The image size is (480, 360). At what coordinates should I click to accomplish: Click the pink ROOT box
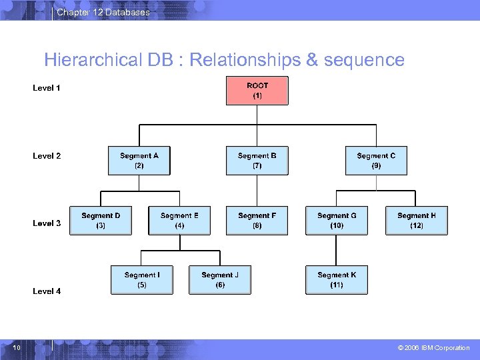click(x=257, y=91)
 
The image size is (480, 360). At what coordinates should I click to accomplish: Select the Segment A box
click(x=139, y=161)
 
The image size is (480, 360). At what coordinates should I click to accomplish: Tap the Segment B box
click(x=257, y=161)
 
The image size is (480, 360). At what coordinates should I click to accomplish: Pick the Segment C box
click(x=376, y=161)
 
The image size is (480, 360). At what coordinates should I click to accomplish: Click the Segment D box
click(x=101, y=221)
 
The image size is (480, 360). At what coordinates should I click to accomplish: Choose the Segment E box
click(x=179, y=221)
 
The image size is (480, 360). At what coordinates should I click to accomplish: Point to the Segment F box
click(x=257, y=221)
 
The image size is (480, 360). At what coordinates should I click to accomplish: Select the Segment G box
click(x=337, y=221)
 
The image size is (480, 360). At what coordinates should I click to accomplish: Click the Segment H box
click(x=417, y=221)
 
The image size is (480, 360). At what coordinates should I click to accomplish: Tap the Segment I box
click(x=142, y=280)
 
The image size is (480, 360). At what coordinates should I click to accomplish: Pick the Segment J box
click(x=220, y=280)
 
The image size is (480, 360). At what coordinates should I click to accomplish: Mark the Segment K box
click(x=337, y=280)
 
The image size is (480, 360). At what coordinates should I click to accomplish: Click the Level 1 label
click(x=47, y=88)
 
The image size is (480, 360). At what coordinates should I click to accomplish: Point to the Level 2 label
click(x=47, y=156)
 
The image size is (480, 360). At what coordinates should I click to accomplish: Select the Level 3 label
click(x=47, y=223)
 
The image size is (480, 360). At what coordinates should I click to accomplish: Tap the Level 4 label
click(x=47, y=291)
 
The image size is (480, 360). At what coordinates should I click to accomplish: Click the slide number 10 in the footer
click(x=17, y=347)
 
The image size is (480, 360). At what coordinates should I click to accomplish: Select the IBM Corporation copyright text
click(x=433, y=348)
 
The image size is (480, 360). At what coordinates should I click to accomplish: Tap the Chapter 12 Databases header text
click(x=103, y=12)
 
